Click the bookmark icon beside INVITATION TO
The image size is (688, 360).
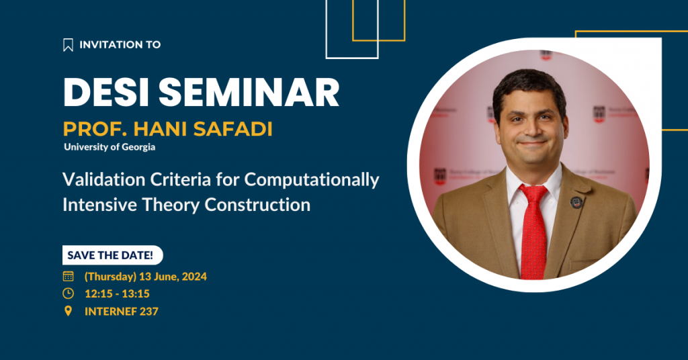pyautogui.click(x=68, y=45)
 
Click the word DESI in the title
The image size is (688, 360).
pyautogui.click(x=106, y=93)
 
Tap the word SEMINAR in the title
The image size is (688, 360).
pyautogui.click(x=249, y=93)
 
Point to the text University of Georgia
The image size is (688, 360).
pyautogui.click(x=110, y=147)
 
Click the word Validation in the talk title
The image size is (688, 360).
pyautogui.click(x=104, y=179)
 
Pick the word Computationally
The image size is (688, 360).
pyautogui.click(x=312, y=180)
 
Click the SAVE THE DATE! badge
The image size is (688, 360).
pyautogui.click(x=112, y=255)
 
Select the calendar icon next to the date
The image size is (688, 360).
pyautogui.click(x=68, y=276)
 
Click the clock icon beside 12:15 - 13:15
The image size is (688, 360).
pyautogui.click(x=68, y=294)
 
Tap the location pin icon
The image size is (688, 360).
pyautogui.click(x=68, y=312)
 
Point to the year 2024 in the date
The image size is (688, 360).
pyautogui.click(x=194, y=277)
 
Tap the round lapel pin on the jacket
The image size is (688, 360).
pyautogui.click(x=576, y=202)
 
